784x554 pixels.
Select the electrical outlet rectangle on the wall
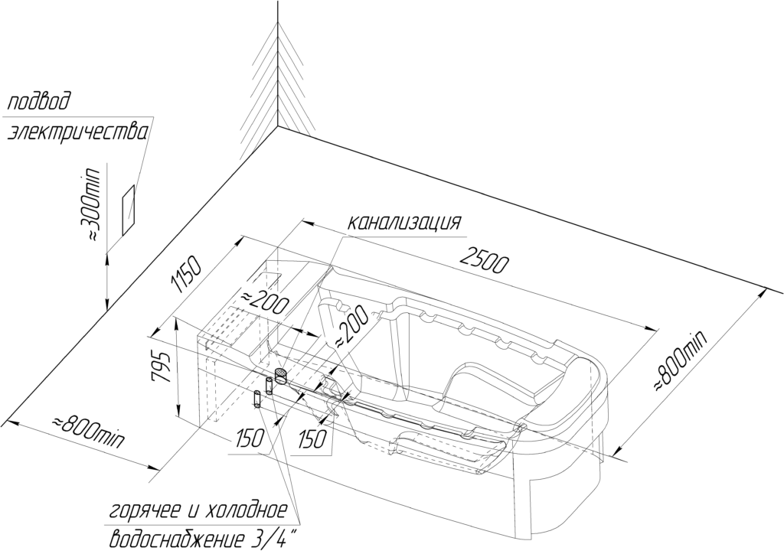129,210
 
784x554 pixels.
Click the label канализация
404,222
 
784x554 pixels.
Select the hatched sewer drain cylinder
281,376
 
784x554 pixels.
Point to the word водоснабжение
176,539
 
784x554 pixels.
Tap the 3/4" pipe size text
273,539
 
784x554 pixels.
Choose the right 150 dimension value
312,439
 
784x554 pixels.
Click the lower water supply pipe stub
258,399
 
